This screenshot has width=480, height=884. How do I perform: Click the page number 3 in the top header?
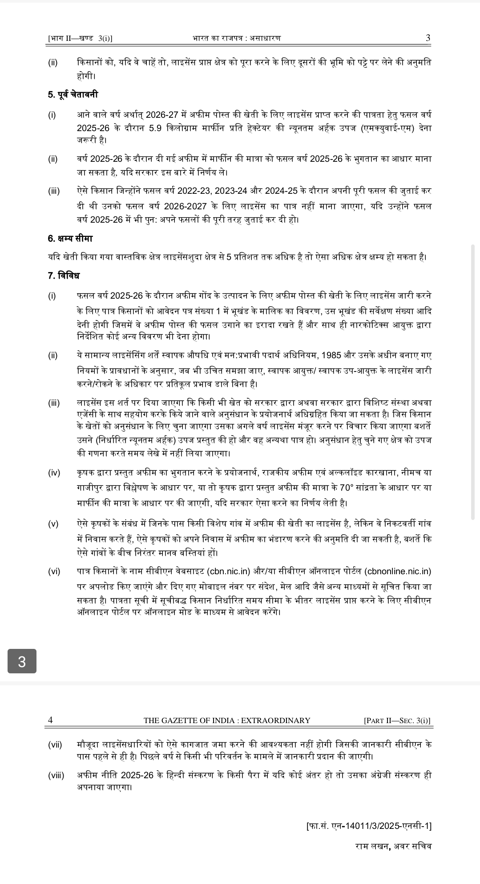428,38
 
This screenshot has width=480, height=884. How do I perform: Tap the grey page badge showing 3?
22,661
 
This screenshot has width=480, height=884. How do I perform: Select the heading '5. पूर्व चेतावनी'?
73,95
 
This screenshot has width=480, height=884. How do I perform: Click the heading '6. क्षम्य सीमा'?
70,238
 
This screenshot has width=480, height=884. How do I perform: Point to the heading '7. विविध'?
64,276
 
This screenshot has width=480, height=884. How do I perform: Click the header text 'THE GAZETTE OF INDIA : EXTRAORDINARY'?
227,720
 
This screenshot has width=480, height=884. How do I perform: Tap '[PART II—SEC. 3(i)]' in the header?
397,720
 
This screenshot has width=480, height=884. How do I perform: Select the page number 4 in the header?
50,720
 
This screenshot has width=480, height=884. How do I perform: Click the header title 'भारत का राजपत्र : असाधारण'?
237,39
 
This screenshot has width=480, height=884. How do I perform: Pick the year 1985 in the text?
331,356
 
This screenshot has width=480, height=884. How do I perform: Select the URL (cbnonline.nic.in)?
398,571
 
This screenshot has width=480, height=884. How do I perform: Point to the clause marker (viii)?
56,776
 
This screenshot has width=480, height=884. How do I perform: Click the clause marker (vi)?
54,571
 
